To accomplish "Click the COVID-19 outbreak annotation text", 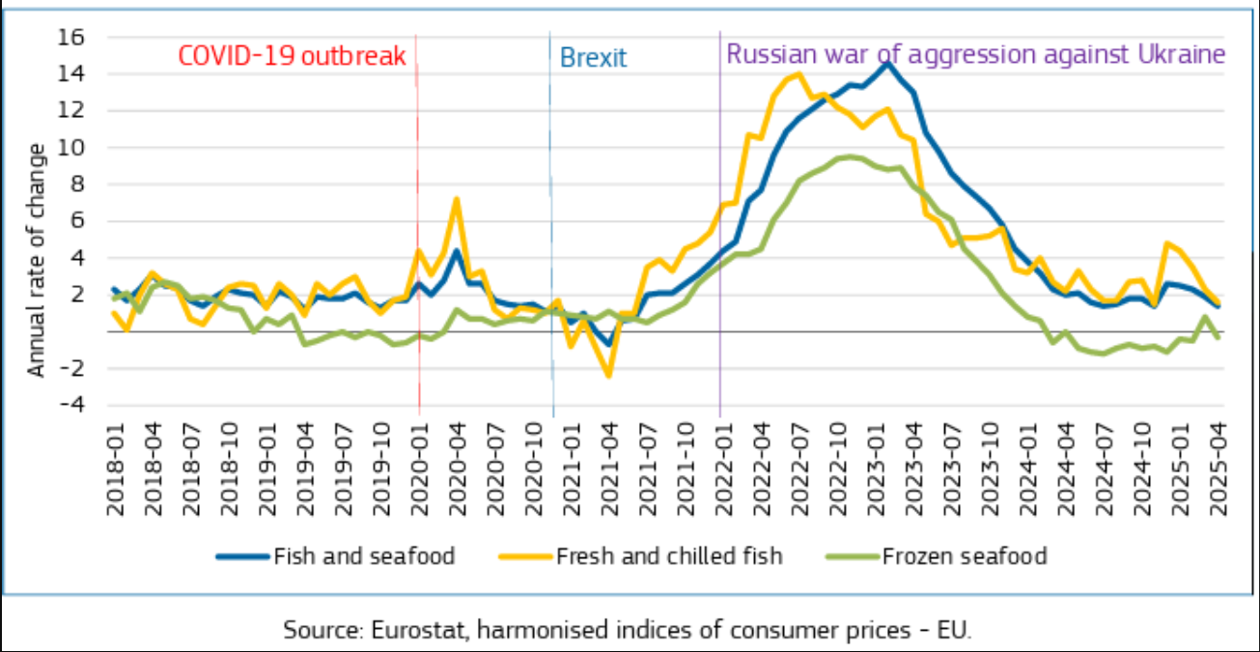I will [x=292, y=55].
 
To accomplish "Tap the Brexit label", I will [x=593, y=57].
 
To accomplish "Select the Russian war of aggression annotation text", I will [x=975, y=54].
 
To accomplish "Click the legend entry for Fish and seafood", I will [x=364, y=556].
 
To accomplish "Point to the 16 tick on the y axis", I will [x=74, y=37].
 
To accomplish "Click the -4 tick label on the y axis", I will [x=74, y=404].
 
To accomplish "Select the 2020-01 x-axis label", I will [x=419, y=468].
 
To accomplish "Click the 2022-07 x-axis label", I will [x=798, y=468].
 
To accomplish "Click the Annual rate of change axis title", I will [x=36, y=259].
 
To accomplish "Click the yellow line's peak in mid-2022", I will [x=798, y=74].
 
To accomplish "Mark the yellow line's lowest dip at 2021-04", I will [x=609, y=375].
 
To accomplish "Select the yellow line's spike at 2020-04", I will [x=457, y=200].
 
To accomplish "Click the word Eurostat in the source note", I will [x=401, y=630].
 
